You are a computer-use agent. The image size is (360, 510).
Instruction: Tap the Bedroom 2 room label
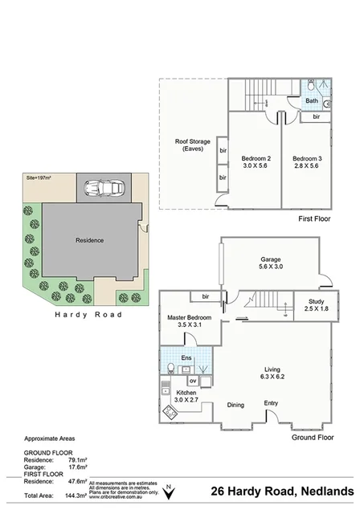[255, 162]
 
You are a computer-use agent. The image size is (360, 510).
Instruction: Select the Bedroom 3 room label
[305, 162]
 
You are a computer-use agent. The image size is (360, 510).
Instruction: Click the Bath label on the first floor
[311, 101]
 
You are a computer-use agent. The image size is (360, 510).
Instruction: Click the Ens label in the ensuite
[186, 357]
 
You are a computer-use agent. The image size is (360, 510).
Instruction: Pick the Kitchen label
[190, 396]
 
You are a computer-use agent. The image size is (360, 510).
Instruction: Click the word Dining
[235, 405]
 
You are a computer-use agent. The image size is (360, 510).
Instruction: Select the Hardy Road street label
[88, 315]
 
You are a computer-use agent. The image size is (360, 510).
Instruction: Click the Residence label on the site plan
[89, 239]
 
